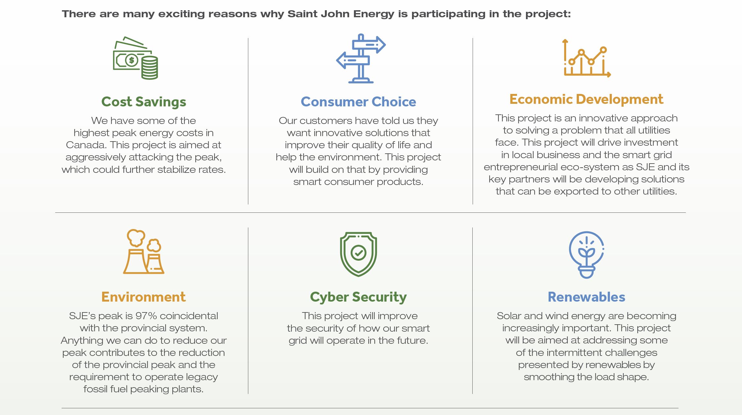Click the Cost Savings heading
(x=144, y=102)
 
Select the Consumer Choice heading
(x=358, y=102)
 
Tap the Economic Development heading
(x=586, y=99)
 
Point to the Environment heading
(x=143, y=297)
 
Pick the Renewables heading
(x=586, y=297)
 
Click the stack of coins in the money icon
(x=149, y=68)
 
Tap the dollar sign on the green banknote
(x=131, y=60)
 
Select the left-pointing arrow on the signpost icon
(x=353, y=60)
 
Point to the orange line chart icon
(x=587, y=58)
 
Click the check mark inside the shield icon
(x=358, y=253)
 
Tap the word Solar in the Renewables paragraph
(x=509, y=316)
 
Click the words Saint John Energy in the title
(x=341, y=14)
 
